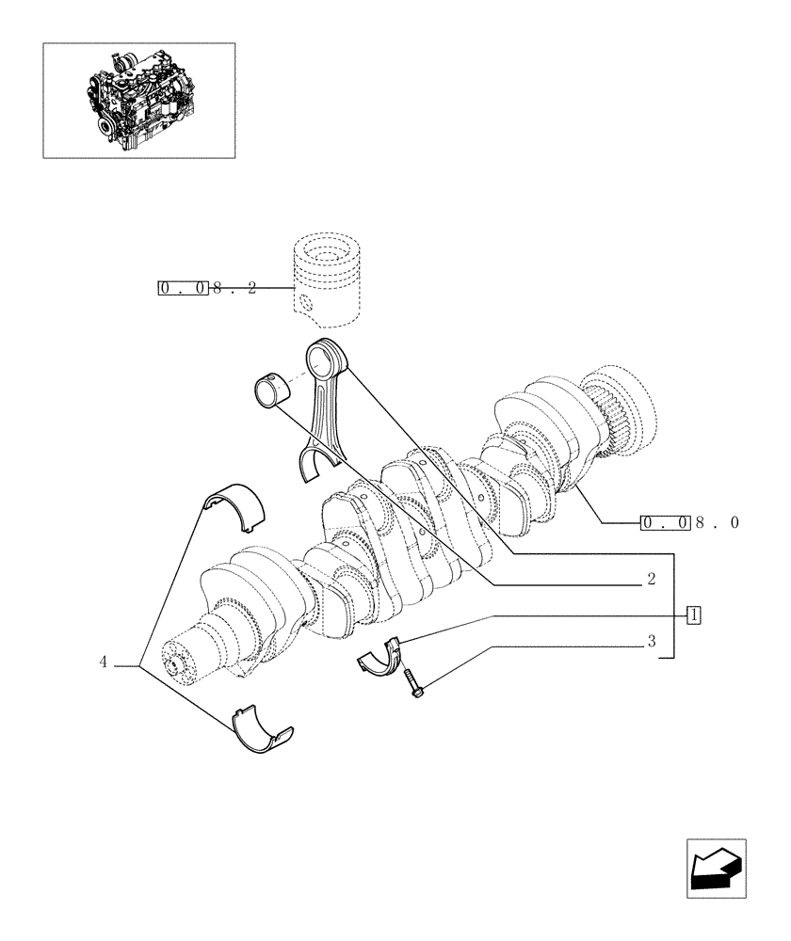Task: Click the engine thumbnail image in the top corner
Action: tap(138, 100)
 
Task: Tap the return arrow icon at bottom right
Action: tap(715, 869)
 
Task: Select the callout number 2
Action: tap(651, 582)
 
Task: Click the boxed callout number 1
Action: tap(694, 615)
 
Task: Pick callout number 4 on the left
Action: tap(103, 663)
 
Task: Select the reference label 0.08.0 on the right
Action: tap(688, 523)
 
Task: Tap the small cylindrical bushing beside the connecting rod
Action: tap(272, 391)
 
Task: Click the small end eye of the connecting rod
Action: tap(328, 359)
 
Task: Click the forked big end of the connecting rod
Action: tap(317, 465)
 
